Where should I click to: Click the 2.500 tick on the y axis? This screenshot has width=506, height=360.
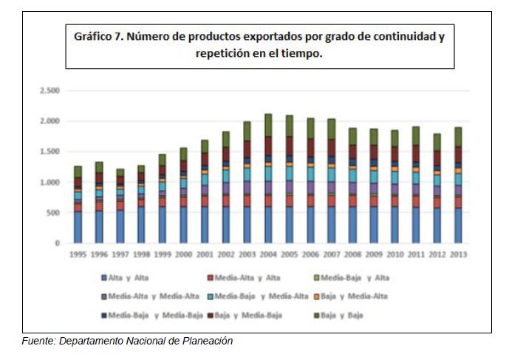click(49, 91)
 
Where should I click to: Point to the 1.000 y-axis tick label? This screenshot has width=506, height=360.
click(49, 183)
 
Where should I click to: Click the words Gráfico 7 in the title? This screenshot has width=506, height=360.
click(98, 36)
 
